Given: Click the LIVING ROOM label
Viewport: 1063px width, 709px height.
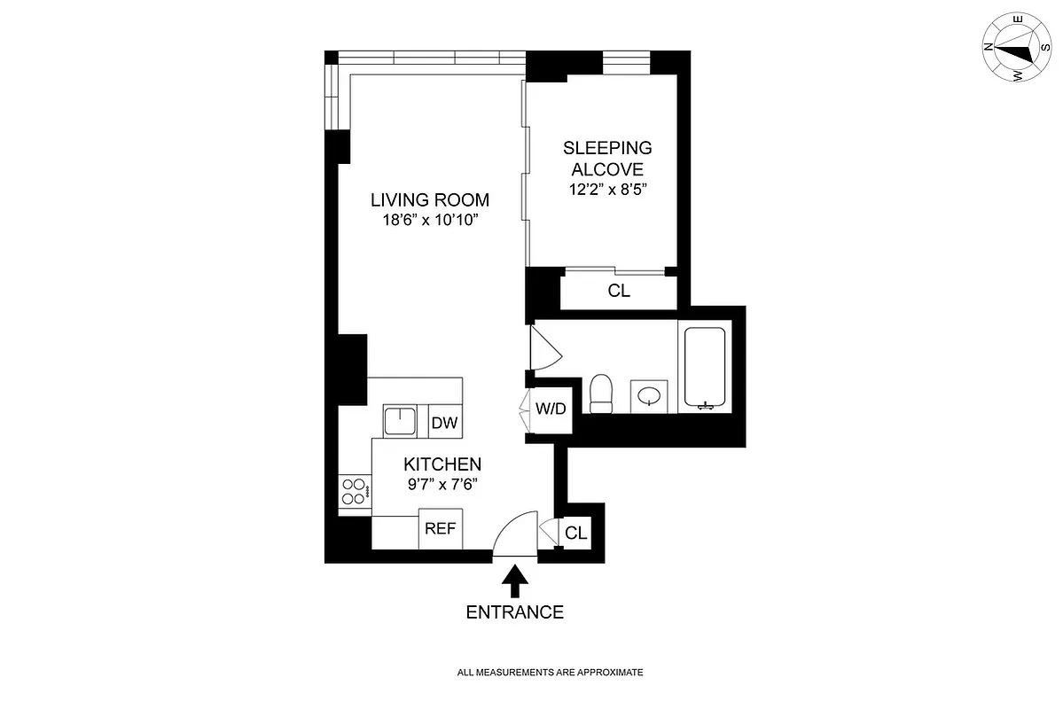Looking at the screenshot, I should pyautogui.click(x=430, y=200).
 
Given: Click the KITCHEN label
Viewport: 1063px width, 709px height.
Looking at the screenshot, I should pyautogui.click(x=442, y=464).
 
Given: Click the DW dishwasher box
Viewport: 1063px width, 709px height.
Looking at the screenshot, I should pyautogui.click(x=444, y=423).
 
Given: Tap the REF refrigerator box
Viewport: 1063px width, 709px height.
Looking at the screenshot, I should pyautogui.click(x=440, y=530).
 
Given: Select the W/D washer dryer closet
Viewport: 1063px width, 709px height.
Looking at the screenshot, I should pyautogui.click(x=551, y=409).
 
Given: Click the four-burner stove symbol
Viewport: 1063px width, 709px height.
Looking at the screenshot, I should pyautogui.click(x=354, y=492).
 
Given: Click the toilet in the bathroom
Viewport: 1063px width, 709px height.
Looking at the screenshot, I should pyautogui.click(x=602, y=393).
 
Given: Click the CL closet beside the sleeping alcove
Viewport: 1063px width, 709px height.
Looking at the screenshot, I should pyautogui.click(x=619, y=292).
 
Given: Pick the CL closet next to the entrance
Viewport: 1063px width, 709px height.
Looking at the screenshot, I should pyautogui.click(x=576, y=534).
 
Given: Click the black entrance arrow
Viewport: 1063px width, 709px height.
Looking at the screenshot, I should pyautogui.click(x=515, y=583).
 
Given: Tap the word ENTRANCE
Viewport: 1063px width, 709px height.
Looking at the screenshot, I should pyautogui.click(x=515, y=612).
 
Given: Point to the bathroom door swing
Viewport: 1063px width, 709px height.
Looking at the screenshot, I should pyautogui.click(x=543, y=347).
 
